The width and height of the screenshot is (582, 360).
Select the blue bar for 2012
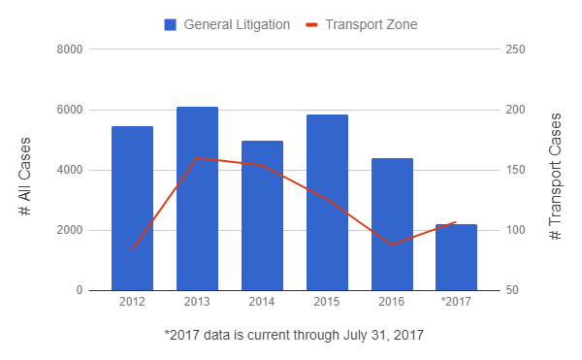point(132,209)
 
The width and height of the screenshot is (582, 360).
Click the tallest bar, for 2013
point(197,199)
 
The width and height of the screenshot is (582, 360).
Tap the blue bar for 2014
point(262,215)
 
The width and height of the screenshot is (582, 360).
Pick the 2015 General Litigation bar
point(327,202)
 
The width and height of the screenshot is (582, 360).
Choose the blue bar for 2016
point(392,224)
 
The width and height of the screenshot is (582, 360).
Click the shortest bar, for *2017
point(456,257)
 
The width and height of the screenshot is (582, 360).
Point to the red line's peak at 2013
point(197,158)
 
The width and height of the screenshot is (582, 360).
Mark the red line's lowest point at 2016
point(392,245)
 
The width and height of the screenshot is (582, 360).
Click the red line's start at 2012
point(133,249)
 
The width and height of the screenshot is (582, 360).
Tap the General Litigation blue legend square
point(171,25)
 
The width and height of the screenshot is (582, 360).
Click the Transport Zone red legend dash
point(311,25)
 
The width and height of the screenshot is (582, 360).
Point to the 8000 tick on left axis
point(70,49)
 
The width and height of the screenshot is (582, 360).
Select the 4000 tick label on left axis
point(70,170)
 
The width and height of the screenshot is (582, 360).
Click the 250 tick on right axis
point(515,49)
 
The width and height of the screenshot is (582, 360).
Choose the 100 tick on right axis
point(515,230)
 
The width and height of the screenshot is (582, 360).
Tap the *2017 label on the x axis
point(456,302)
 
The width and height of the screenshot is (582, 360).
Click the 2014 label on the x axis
point(262,302)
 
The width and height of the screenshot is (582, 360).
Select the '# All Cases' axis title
point(24,177)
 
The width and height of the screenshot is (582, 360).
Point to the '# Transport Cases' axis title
point(555,177)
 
